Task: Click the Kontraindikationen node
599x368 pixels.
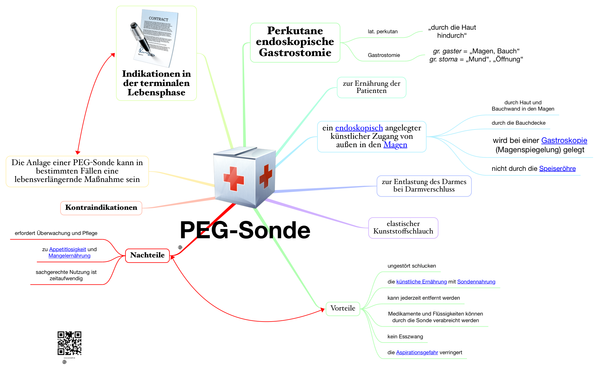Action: coord(101,208)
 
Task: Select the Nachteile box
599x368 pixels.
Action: coord(147,255)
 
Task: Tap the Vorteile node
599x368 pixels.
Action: coord(343,308)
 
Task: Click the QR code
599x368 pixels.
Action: coord(69,343)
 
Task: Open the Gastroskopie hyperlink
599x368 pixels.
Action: coord(564,141)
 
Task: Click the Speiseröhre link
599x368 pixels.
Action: coord(557,169)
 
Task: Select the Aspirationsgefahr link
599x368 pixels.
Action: coord(417,353)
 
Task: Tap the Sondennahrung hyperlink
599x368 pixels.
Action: coord(476,282)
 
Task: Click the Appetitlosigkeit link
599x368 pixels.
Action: coord(67,249)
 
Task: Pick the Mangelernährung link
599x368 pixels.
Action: coord(69,256)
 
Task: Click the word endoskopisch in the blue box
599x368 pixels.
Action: coord(359,128)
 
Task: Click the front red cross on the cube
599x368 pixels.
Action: coord(234,179)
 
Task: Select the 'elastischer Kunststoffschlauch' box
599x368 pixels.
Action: coord(403,228)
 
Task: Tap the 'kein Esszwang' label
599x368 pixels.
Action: coord(405,337)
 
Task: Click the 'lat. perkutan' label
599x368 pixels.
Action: coord(382,32)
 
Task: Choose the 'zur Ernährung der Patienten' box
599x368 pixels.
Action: coord(371,87)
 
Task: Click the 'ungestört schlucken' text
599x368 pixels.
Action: coord(412,266)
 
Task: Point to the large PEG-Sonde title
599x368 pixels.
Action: coord(245,230)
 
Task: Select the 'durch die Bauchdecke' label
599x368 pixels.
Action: coord(518,123)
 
